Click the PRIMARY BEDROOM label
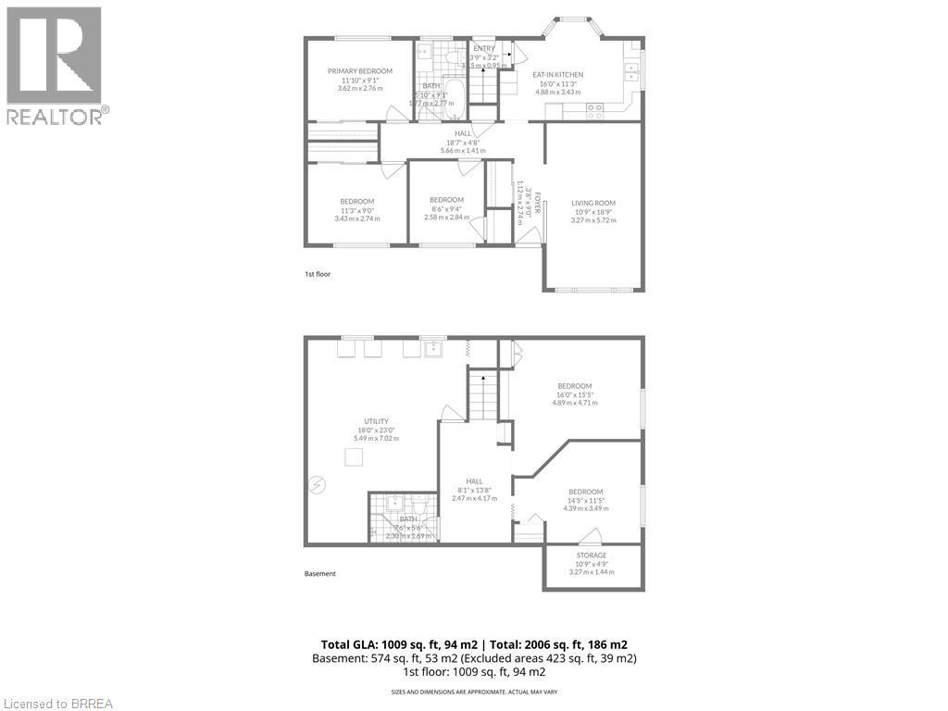(359, 71)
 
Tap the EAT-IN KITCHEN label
(557, 75)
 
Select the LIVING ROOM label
(592, 204)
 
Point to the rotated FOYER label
(535, 205)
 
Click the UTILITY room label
(376, 421)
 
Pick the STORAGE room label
(592, 555)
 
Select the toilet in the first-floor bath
(451, 57)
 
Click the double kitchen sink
(632, 67)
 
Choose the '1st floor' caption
(318, 274)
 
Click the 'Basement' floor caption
(320, 574)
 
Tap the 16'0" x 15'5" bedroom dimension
(574, 394)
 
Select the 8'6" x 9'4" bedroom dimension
(446, 209)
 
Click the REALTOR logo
(56, 65)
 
